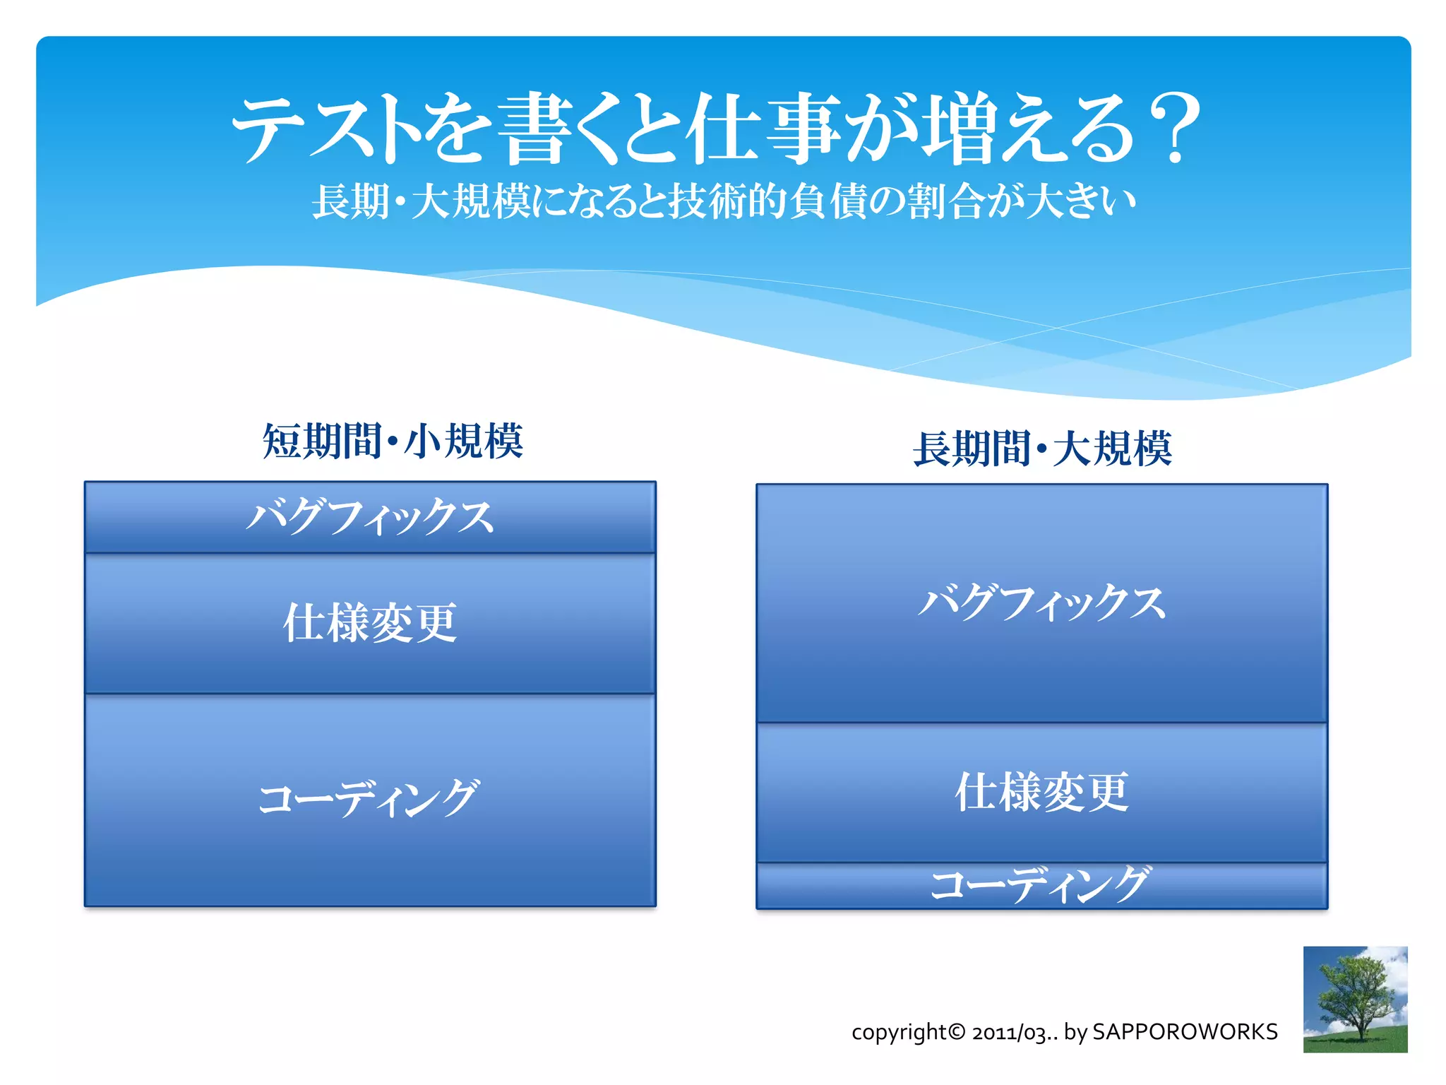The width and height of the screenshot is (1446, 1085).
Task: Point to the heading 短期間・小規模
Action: tap(393, 441)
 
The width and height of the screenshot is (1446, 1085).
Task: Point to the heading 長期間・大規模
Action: tap(1042, 449)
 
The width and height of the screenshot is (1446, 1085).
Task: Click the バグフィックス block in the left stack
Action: tap(370, 517)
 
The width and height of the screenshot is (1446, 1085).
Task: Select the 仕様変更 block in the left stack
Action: tap(370, 623)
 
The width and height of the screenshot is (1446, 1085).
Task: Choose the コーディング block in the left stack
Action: tap(370, 800)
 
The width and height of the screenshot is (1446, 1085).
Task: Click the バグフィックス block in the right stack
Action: tap(1042, 603)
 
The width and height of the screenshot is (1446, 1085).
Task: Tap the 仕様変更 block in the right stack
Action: tap(1042, 793)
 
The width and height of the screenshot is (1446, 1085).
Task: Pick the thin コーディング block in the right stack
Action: tap(1042, 886)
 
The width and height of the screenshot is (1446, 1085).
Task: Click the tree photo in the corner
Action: tap(1355, 999)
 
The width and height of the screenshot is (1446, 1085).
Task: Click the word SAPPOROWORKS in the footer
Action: tap(1185, 1032)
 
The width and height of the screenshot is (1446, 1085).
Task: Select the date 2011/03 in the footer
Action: tap(1008, 1033)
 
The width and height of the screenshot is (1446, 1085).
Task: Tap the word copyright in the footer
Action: tap(898, 1033)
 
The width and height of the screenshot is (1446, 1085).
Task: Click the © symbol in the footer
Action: tap(957, 1032)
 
